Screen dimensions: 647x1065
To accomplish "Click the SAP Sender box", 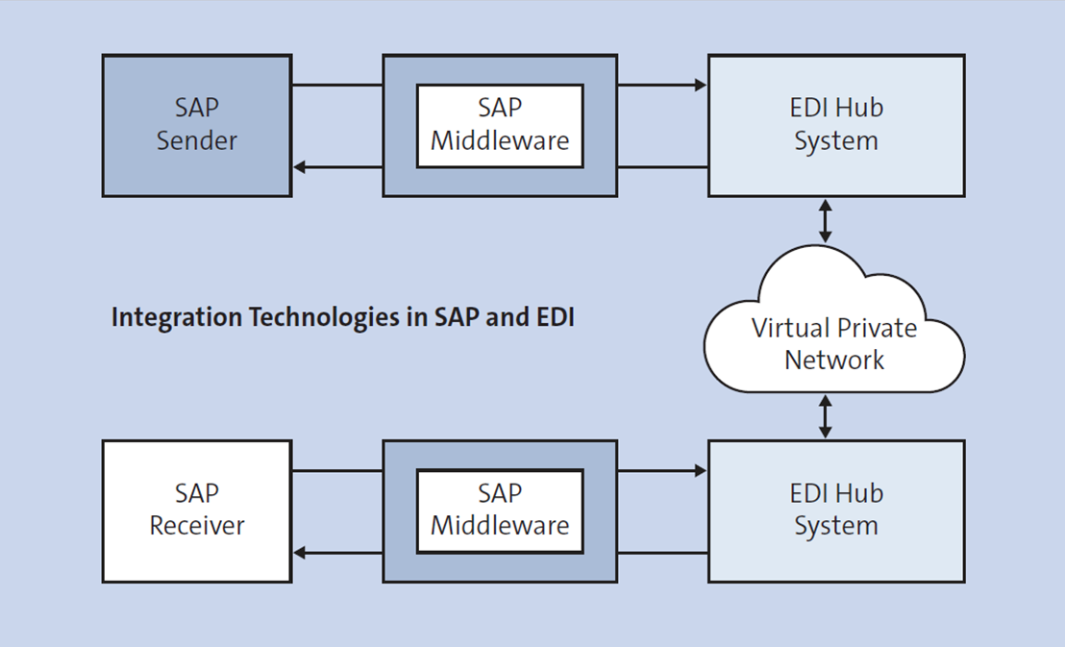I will pyautogui.click(x=196, y=126).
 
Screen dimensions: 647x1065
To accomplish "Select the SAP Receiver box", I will pyautogui.click(x=196, y=510).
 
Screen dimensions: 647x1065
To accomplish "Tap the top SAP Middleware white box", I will pyautogui.click(x=499, y=125).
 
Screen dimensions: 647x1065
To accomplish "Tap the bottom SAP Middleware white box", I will pyautogui.click(x=499, y=510).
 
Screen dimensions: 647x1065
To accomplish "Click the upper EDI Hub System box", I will pyautogui.click(x=835, y=126).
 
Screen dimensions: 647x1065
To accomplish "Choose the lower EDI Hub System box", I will pyautogui.click(x=835, y=510).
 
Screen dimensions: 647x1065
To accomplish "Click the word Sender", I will pyautogui.click(x=196, y=140).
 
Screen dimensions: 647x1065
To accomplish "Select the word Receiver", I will pyautogui.click(x=197, y=526).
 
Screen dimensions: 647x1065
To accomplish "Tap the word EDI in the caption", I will pyautogui.click(x=553, y=317).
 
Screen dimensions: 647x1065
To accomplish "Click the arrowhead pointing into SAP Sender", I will pyautogui.click(x=300, y=167).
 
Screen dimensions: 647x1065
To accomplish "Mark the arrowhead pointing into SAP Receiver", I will pyautogui.click(x=300, y=553).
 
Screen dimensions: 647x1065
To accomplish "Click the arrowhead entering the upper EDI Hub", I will pyautogui.click(x=701, y=85).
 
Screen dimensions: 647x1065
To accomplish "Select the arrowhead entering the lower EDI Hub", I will pyautogui.click(x=701, y=470).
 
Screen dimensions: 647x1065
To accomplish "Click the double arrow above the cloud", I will pyautogui.click(x=824, y=220).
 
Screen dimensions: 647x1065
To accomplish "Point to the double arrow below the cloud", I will pyautogui.click(x=824, y=416).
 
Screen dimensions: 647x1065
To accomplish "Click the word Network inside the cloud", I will pyautogui.click(x=833, y=361).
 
